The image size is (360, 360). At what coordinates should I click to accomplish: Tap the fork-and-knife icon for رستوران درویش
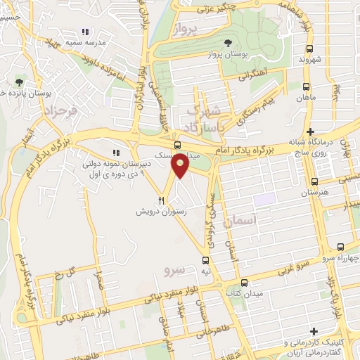[162, 200]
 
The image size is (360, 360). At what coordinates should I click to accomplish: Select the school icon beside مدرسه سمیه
[85, 32]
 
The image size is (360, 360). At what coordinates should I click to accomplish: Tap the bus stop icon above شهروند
[309, 49]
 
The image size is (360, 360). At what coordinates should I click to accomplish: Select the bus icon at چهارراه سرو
[341, 246]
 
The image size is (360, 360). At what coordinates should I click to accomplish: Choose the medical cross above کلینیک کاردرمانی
[313, 331]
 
